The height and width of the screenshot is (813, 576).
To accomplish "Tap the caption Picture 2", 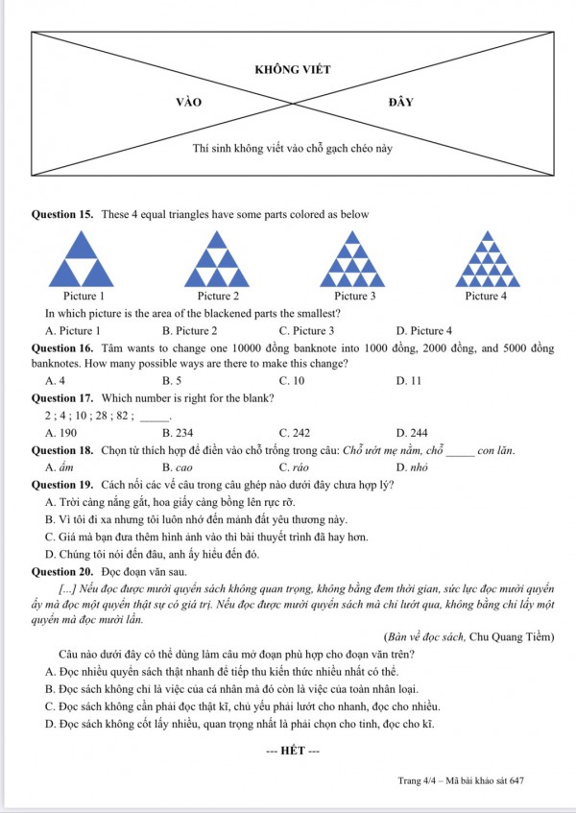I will [218, 296].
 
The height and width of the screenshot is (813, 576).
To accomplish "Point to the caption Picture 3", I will [354, 296].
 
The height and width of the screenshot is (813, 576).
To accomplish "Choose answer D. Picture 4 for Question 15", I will [423, 330].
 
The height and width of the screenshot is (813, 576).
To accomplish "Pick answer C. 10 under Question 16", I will [292, 380].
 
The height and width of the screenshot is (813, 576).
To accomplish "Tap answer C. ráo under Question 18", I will [292, 466].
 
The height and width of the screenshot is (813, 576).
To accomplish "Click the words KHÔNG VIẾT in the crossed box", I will [292, 70].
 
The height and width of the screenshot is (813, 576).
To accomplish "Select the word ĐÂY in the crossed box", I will [401, 101].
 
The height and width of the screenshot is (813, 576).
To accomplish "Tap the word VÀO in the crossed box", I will [189, 101].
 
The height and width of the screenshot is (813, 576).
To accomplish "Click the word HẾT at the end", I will [292, 749].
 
